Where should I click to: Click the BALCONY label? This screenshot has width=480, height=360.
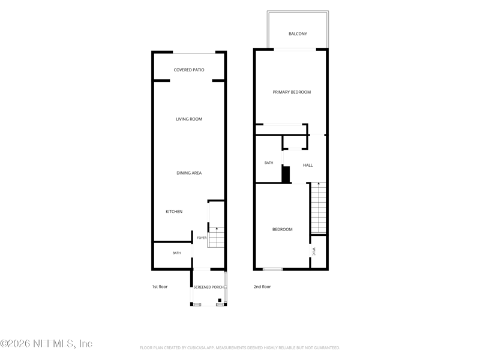point(298,34)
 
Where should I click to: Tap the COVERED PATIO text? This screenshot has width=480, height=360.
point(189,70)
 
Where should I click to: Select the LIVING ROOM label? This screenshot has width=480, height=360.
point(189,119)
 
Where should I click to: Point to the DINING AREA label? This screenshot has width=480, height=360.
point(189,173)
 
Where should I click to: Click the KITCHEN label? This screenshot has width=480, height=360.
point(174,212)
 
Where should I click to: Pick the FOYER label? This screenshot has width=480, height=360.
point(202,238)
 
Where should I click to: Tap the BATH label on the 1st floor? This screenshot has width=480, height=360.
point(176,253)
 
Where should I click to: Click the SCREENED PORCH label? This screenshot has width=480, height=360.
point(208,287)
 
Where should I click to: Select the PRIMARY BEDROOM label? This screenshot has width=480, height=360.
point(292,92)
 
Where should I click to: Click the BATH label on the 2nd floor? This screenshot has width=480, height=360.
point(269,163)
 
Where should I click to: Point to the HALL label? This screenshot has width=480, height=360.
point(308,166)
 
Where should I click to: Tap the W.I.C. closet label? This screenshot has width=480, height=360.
point(314,252)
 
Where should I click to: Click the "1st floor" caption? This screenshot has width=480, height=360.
point(160,287)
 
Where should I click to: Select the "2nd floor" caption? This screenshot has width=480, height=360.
point(262,287)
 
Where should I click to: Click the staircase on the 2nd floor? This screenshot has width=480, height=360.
point(319,208)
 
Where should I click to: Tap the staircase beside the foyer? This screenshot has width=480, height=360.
point(216,237)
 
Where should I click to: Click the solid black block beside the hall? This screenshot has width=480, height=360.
point(286,175)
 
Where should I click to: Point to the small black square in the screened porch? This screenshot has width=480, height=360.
point(220,300)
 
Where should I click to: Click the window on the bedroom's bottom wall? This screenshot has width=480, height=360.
point(272,269)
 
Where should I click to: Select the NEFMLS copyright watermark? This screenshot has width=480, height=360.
point(46,343)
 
